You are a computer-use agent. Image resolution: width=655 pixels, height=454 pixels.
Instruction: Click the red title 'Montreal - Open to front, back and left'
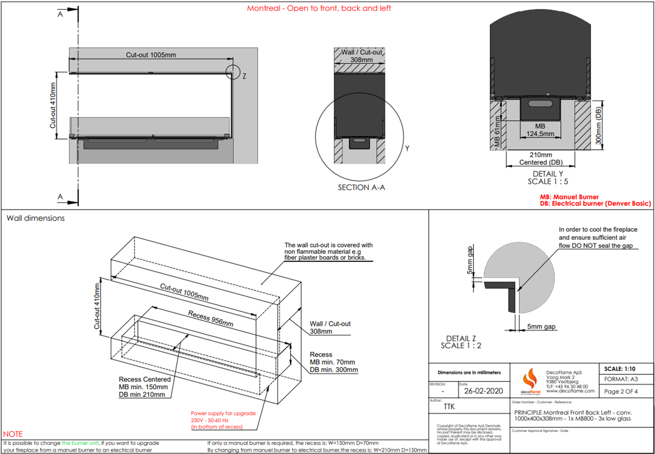click(x=319, y=8)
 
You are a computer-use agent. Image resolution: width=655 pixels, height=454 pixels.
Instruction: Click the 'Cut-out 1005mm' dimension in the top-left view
click(x=151, y=55)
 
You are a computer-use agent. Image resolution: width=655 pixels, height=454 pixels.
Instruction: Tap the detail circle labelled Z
click(x=233, y=72)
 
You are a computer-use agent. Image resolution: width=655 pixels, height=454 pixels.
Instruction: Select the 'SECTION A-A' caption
click(x=361, y=187)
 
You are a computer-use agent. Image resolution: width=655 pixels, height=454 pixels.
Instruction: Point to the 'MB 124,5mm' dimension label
click(x=540, y=130)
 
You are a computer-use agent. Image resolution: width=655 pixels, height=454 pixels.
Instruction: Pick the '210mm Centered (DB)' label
click(x=541, y=159)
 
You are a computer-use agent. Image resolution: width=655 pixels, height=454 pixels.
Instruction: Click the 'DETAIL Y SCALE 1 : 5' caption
click(x=548, y=178)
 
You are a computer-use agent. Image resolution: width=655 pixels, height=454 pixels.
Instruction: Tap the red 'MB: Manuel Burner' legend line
click(x=569, y=197)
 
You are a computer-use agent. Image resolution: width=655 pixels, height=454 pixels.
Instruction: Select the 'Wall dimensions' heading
click(x=36, y=218)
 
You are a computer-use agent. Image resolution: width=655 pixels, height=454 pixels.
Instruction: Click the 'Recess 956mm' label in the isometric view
click(x=211, y=318)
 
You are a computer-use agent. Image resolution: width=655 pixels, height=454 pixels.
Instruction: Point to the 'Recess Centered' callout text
click(x=145, y=379)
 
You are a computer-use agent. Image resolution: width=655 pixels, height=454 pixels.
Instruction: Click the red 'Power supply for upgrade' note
click(x=223, y=413)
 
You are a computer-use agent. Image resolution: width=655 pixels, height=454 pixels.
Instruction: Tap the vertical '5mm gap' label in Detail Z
click(x=470, y=260)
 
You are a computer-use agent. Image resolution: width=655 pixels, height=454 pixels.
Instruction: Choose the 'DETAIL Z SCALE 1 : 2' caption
click(x=461, y=342)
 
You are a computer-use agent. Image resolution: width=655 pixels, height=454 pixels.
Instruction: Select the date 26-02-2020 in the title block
click(x=483, y=391)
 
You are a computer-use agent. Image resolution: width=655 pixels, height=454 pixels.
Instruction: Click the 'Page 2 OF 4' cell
click(x=621, y=391)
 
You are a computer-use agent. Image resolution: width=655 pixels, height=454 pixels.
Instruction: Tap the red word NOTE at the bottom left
click(x=13, y=434)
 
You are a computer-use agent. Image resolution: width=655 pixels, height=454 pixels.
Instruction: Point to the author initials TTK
click(x=449, y=407)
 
